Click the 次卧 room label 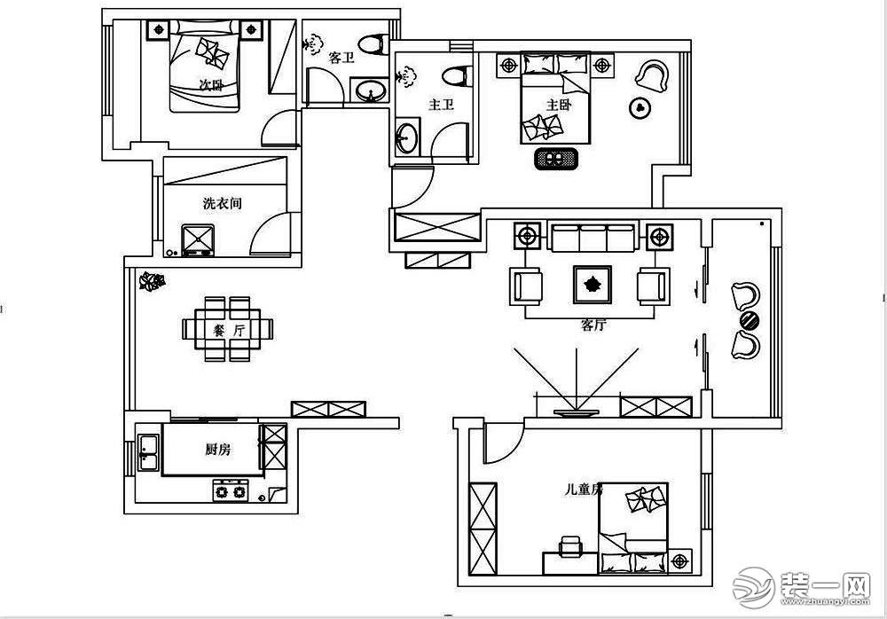pos(210,86)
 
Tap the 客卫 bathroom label pos(341,59)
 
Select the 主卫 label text pos(441,105)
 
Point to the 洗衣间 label pos(222,204)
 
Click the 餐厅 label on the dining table pos(228,330)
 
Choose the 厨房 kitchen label pos(217,450)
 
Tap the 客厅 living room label pos(593,325)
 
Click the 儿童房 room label pos(584,489)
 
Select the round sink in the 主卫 pos(406,138)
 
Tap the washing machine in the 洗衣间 pos(198,239)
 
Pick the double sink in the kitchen pos(147,451)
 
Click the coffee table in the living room pos(592,284)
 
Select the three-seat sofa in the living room pos(592,238)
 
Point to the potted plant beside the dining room pos(153,283)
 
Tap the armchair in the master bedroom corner pos(653,75)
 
